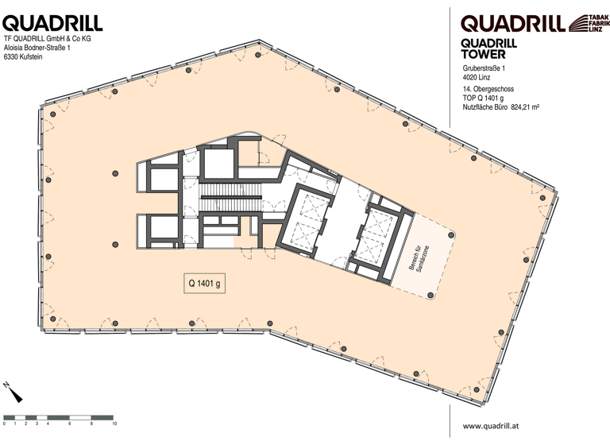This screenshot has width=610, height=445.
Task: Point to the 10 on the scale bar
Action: point(114,424)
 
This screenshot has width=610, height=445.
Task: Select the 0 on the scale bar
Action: point(4,424)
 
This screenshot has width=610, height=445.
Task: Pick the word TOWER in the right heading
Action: point(484,55)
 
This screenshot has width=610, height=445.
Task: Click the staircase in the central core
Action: point(230,205)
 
